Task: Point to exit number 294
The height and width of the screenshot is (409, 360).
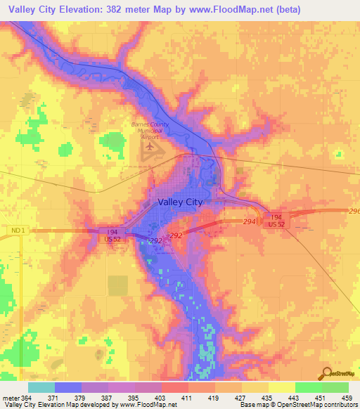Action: click(x=249, y=221)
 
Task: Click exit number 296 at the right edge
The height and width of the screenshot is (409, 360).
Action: click(x=354, y=211)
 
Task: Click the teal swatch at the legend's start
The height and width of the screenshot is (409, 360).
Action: click(x=41, y=387)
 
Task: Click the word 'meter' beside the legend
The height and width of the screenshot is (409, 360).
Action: click(x=11, y=398)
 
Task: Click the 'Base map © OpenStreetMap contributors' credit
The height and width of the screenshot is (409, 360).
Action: click(x=299, y=405)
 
